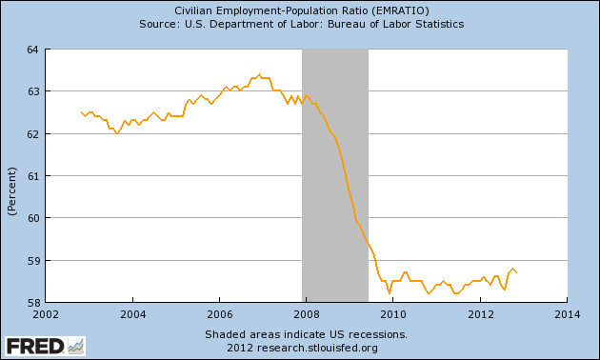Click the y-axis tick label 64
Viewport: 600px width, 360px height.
click(32, 50)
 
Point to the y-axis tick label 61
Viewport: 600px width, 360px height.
click(32, 176)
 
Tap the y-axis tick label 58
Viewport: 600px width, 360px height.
click(32, 303)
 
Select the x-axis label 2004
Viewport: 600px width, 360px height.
click(132, 314)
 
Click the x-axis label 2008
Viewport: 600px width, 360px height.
click(306, 314)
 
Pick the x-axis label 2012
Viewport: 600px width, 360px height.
click(480, 314)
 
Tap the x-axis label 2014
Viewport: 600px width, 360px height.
click(567, 314)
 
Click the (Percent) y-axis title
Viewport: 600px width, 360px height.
click(12, 191)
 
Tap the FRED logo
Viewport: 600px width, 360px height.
click(45, 347)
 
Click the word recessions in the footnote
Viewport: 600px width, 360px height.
click(377, 334)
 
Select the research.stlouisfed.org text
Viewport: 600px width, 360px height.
click(317, 348)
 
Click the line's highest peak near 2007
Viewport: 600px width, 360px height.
click(259, 74)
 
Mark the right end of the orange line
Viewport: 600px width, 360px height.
click(517, 272)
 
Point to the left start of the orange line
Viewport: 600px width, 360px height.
click(81, 112)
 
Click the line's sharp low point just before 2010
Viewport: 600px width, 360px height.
click(390, 293)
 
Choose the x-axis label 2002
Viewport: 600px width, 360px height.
click(46, 314)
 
